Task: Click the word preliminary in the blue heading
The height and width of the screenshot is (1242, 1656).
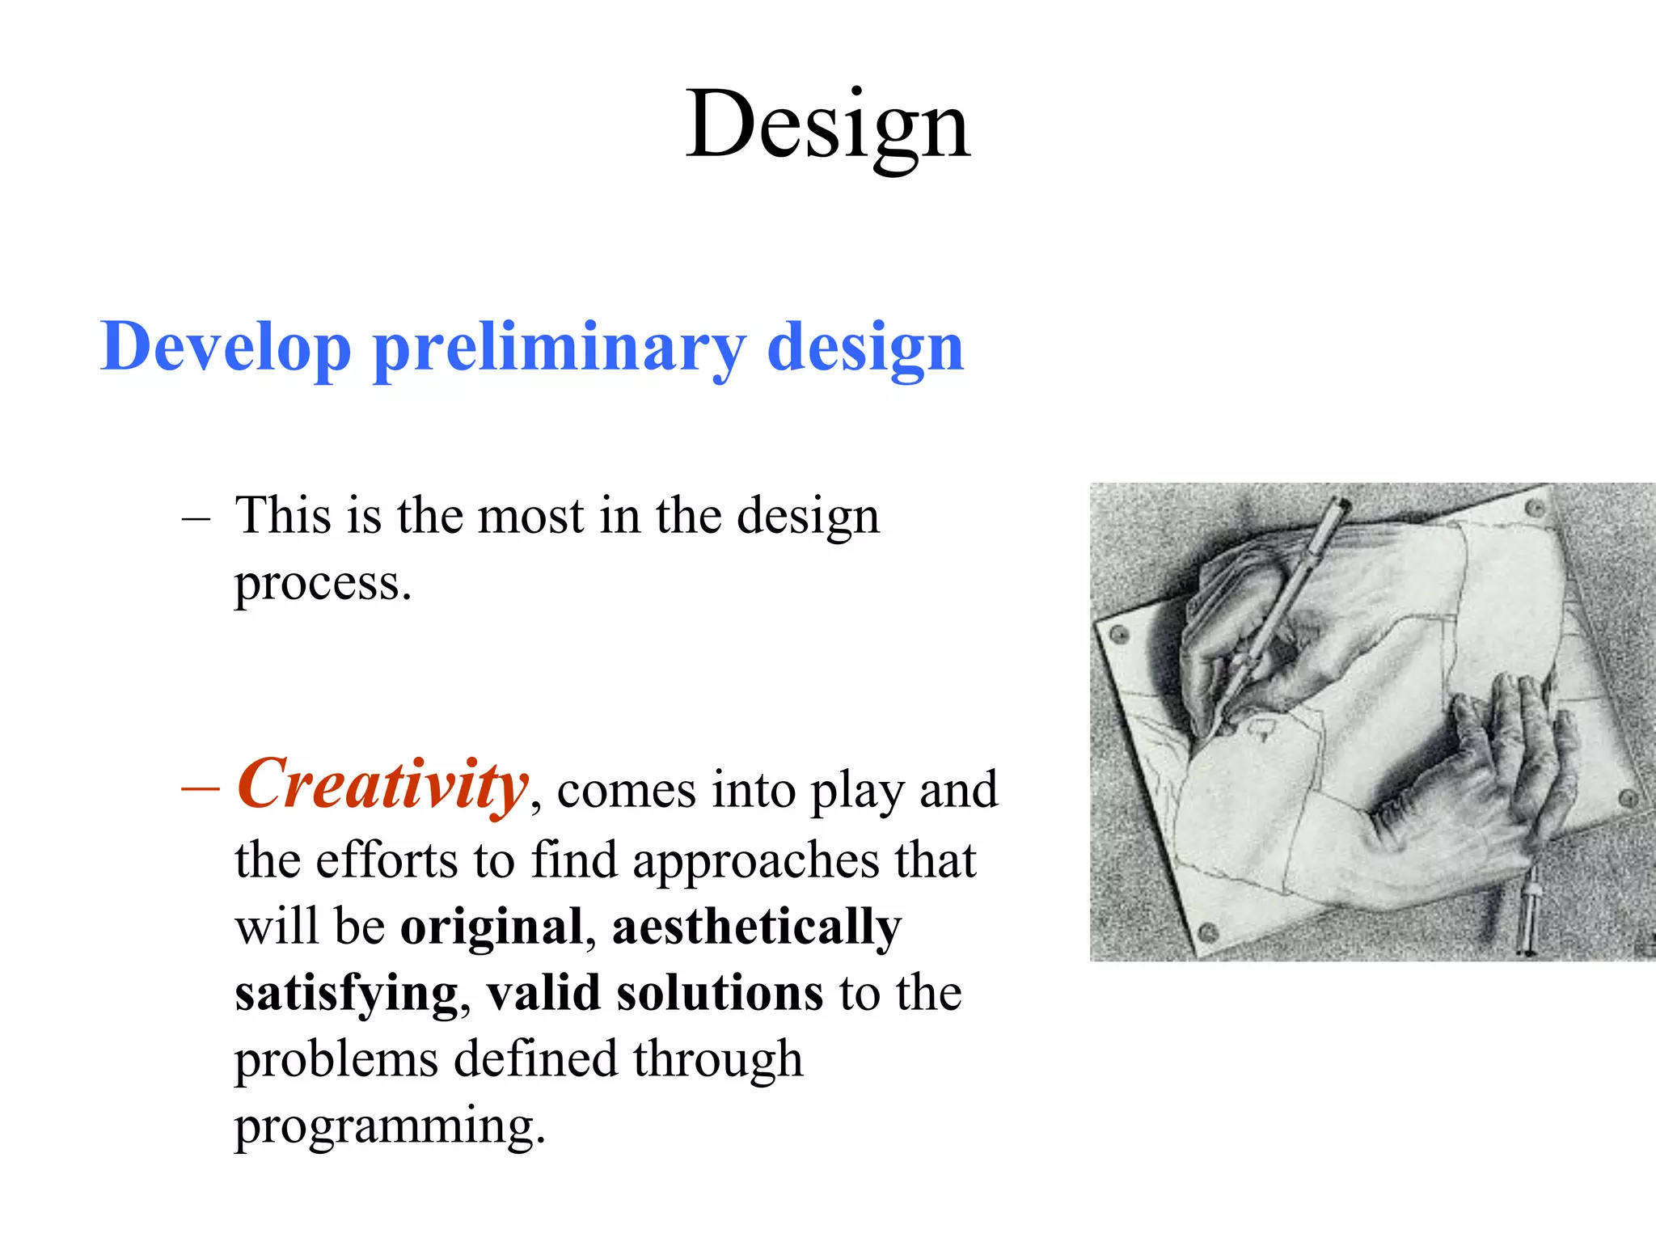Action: [x=558, y=348]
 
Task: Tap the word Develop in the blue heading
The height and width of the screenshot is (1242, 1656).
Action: [x=225, y=348]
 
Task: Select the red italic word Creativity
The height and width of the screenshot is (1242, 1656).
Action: [x=382, y=784]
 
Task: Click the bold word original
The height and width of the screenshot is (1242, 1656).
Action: [x=492, y=927]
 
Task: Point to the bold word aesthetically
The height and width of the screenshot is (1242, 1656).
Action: [x=756, y=927]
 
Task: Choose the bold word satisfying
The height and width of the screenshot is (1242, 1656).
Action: [x=346, y=994]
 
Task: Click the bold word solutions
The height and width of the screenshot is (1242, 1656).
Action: [x=720, y=994]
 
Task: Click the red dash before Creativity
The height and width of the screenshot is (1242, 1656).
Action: [x=200, y=788]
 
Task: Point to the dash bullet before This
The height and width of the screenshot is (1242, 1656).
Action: [x=196, y=517]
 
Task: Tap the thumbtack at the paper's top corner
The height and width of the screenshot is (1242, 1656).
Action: [x=1534, y=508]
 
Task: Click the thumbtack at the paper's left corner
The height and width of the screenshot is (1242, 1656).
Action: [x=1120, y=634]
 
